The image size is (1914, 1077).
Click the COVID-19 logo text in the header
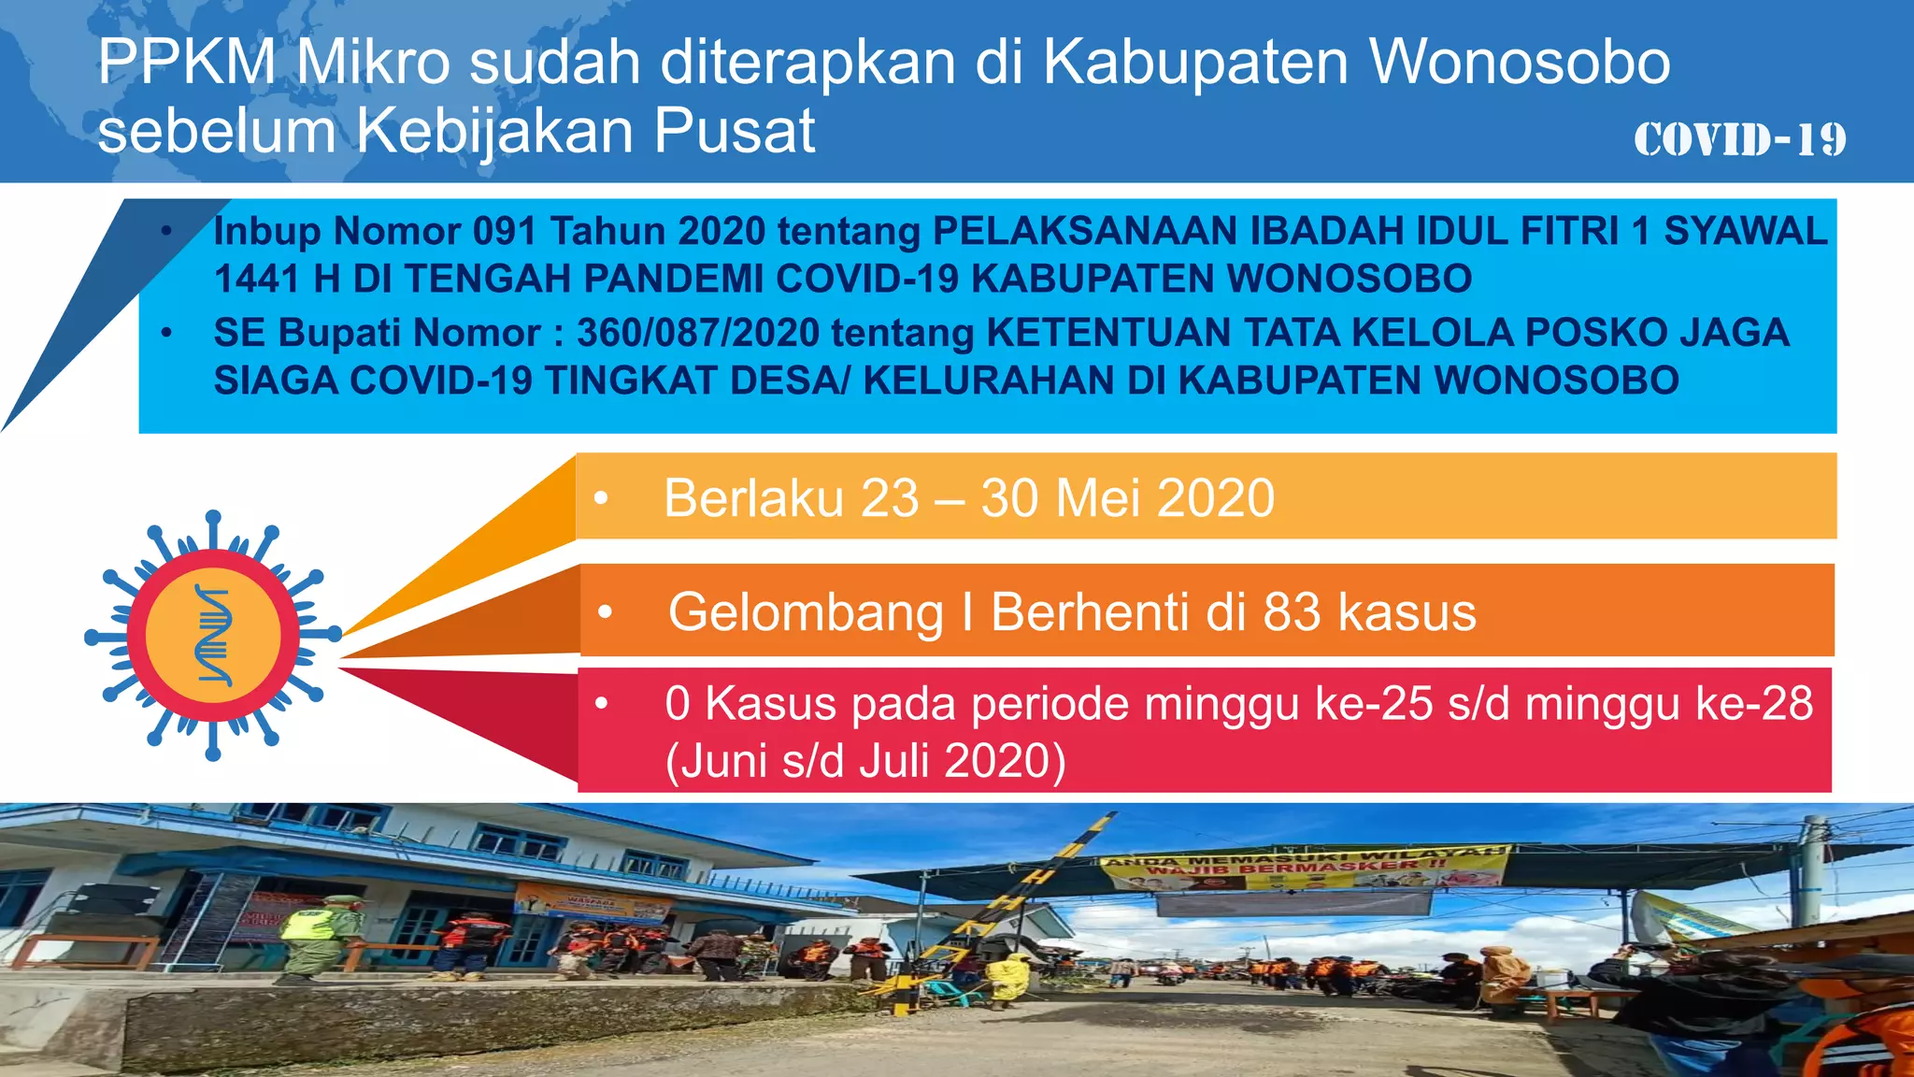(x=1739, y=140)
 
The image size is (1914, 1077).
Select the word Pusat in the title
(x=735, y=131)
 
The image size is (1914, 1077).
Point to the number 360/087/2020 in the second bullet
(x=698, y=333)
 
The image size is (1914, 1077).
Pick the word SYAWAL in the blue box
(x=1745, y=231)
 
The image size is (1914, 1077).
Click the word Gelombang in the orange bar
(x=806, y=612)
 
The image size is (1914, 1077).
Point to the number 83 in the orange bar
(x=1292, y=612)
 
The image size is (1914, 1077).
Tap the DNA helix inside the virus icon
(x=213, y=636)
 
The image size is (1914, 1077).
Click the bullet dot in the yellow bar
(x=602, y=498)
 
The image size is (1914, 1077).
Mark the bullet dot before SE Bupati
(x=166, y=333)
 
